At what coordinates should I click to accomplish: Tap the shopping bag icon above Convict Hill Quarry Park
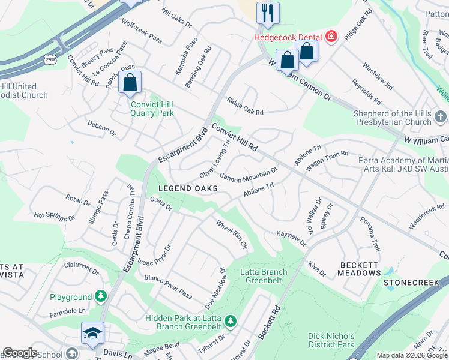coord(130,83)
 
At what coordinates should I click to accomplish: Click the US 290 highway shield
coord(49,58)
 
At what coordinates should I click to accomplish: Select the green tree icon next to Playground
coord(101,296)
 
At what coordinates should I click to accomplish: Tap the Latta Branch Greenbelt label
coord(264,276)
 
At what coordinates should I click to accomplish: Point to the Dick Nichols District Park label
coord(331,340)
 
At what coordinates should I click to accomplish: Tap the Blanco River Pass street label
coord(168,287)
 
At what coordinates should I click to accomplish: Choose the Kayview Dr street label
coord(291,238)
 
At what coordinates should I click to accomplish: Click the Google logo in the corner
coord(20,353)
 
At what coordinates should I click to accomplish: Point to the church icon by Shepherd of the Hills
coord(440,116)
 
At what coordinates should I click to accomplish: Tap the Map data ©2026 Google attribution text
coord(411,355)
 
